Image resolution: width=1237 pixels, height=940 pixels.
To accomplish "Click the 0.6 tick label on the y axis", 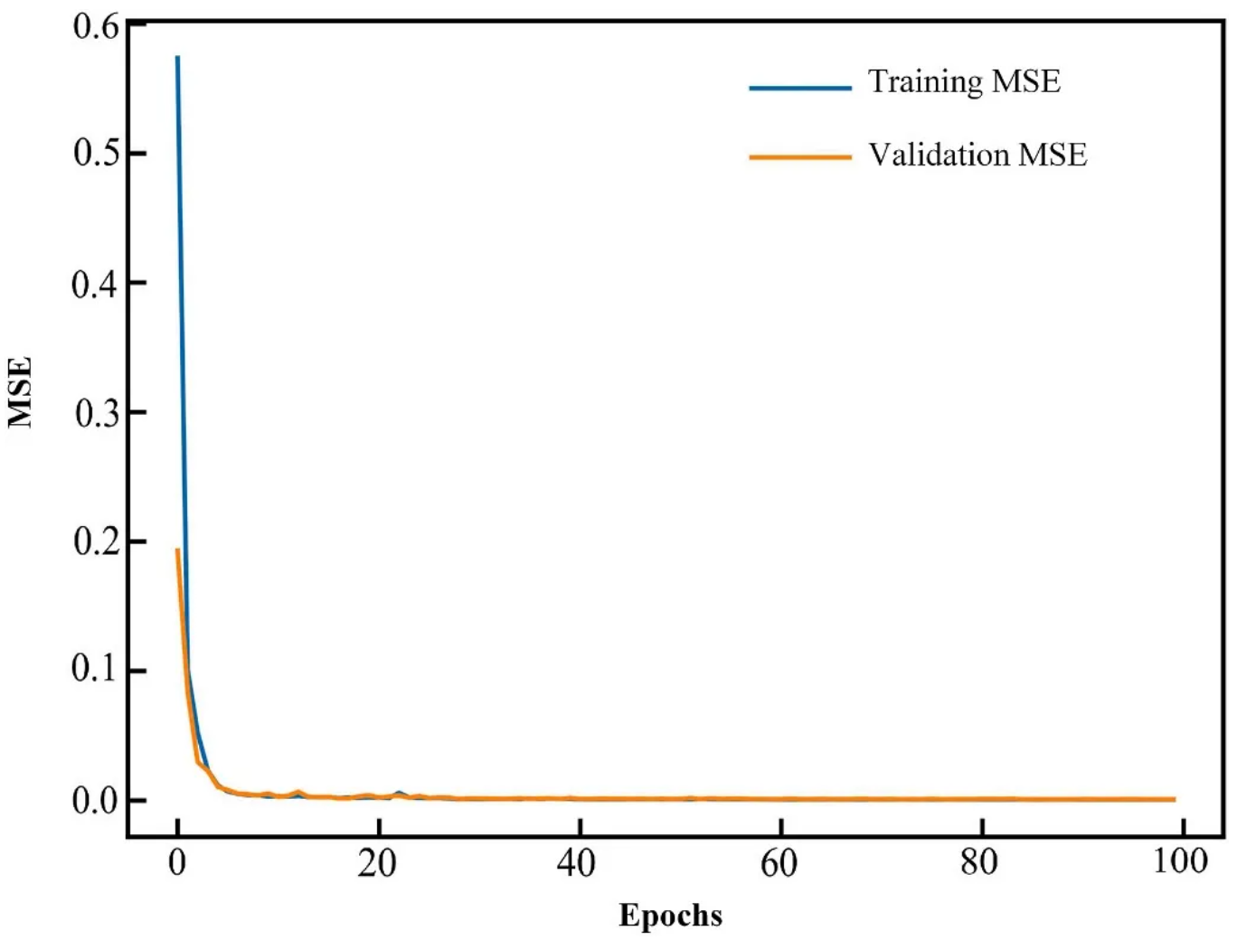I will pyautogui.click(x=96, y=26).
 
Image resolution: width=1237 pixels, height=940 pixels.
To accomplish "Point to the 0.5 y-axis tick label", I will pyautogui.click(x=96, y=153).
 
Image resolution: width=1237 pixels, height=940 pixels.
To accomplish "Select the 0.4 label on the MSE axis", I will pyautogui.click(x=96, y=284).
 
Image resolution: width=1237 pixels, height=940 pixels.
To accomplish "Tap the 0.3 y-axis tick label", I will pyautogui.click(x=96, y=413).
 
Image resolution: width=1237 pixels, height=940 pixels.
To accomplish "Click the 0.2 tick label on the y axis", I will pyautogui.click(x=96, y=541).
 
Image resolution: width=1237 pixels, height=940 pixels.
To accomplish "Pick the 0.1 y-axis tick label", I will pyautogui.click(x=96, y=670).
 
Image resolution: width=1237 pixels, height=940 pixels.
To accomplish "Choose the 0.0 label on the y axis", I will pyautogui.click(x=96, y=800).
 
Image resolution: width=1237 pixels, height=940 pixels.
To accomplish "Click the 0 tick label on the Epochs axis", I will pyautogui.click(x=177, y=861).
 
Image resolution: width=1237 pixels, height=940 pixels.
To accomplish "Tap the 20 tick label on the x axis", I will pyautogui.click(x=377, y=863).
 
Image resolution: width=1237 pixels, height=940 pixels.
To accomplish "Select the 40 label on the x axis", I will pyautogui.click(x=577, y=863).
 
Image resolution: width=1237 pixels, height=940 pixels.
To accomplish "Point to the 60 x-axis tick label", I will pyautogui.click(x=779, y=863).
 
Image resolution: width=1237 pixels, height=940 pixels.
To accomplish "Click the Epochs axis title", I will pyautogui.click(x=670, y=915).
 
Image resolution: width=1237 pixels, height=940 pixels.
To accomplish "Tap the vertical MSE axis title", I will pyautogui.click(x=20, y=391).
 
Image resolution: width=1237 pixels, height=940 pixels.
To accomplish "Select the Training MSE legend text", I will pyautogui.click(x=964, y=81).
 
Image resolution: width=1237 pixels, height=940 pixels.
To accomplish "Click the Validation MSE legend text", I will pyautogui.click(x=977, y=155).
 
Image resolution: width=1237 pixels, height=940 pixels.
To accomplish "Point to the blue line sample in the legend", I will pyautogui.click(x=800, y=88).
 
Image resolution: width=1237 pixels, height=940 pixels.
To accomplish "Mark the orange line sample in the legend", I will pyautogui.click(x=800, y=157).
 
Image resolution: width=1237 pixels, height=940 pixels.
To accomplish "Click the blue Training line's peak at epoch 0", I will pyautogui.click(x=177, y=58).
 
